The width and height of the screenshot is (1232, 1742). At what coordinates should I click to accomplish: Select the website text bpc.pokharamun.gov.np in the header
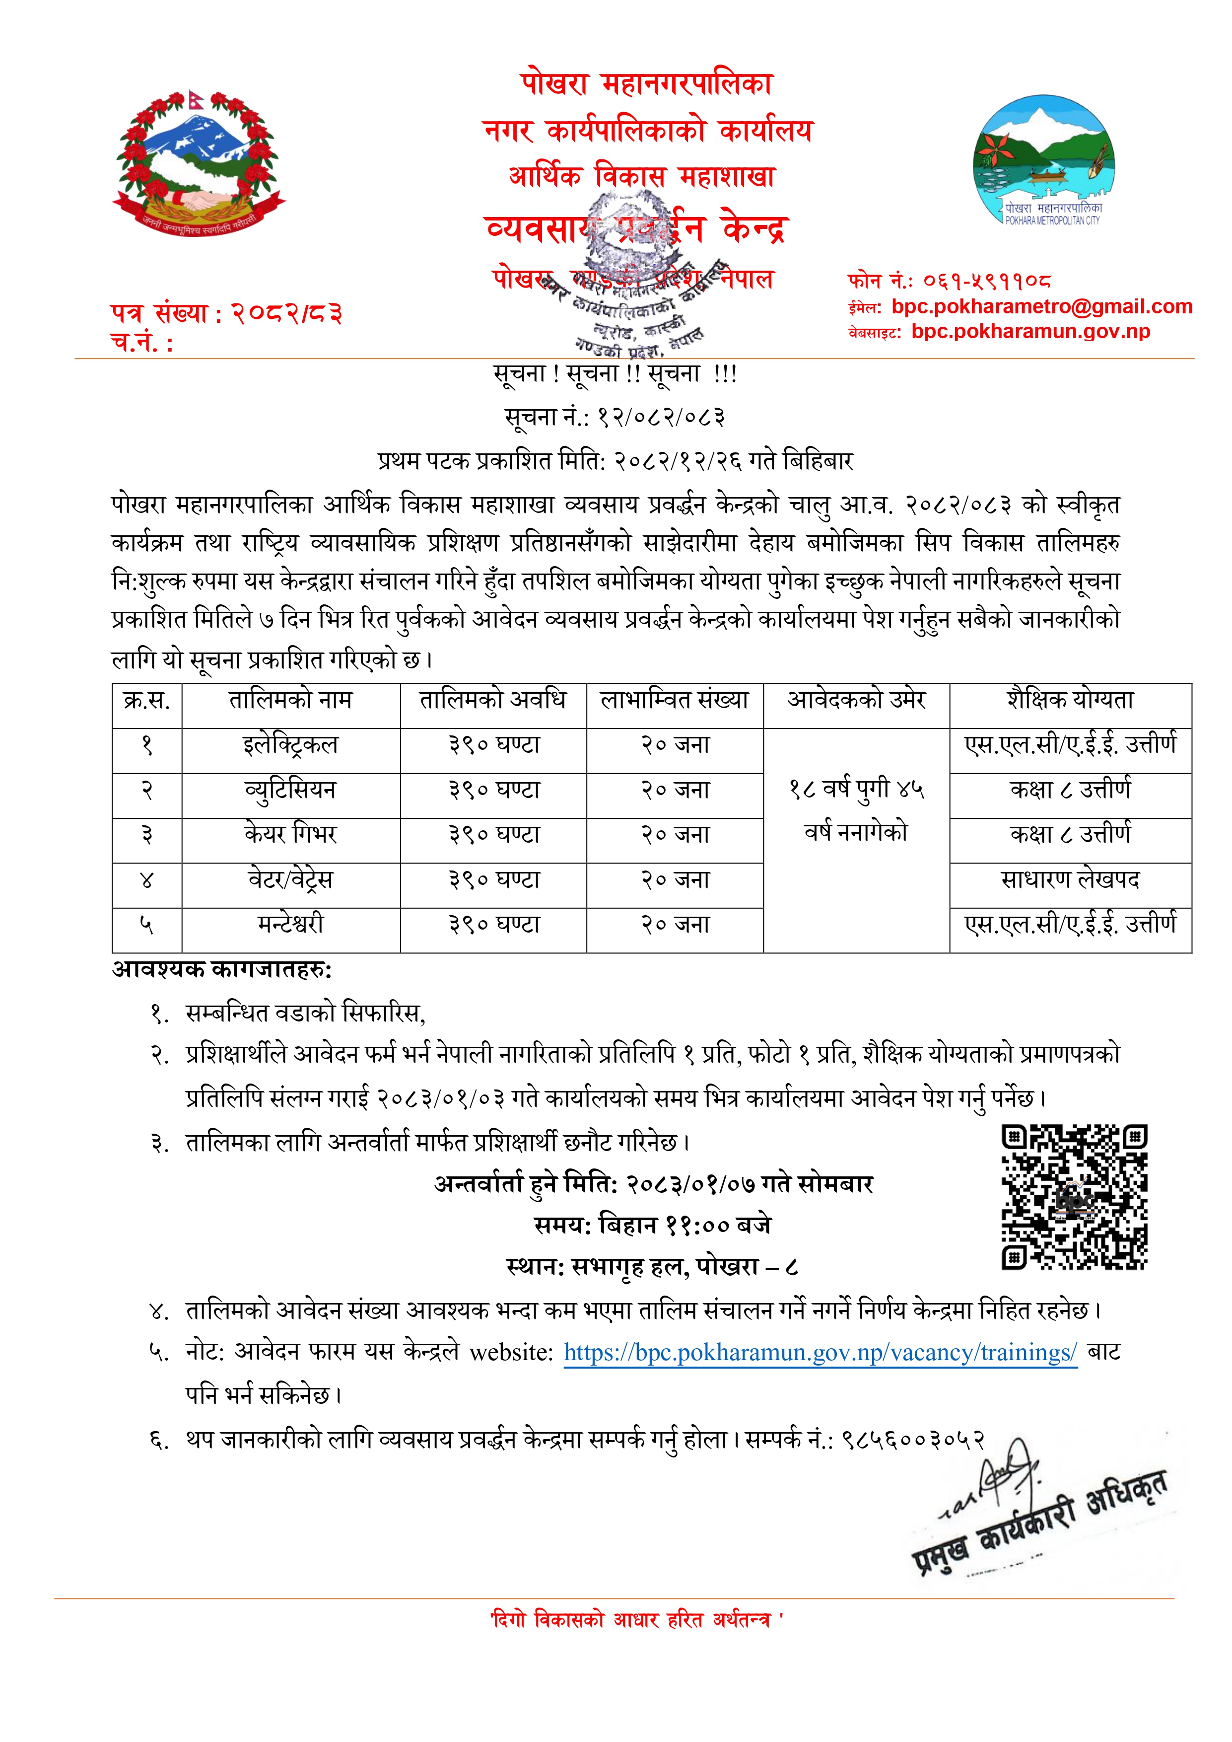[x=1030, y=332]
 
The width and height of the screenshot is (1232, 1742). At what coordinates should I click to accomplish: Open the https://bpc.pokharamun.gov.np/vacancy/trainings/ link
[x=820, y=1353]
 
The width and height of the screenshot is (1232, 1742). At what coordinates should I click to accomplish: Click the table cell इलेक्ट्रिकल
[x=290, y=745]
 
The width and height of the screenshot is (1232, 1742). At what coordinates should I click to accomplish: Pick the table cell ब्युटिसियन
[x=290, y=790]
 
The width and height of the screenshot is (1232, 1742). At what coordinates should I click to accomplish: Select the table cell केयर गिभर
[x=290, y=835]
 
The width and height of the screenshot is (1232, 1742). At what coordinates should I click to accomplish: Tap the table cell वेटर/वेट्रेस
[x=290, y=879]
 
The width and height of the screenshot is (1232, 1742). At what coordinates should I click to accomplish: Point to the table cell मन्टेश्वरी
[x=290, y=924]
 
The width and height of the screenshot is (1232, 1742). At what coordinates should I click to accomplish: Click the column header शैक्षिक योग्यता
[x=1070, y=700]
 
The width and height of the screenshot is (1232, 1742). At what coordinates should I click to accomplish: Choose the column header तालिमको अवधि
[x=493, y=700]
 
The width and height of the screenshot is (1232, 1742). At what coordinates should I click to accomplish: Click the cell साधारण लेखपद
[x=1070, y=879]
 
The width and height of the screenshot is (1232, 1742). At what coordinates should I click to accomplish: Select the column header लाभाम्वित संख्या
[x=675, y=700]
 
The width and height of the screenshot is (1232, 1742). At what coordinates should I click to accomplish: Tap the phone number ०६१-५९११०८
[x=986, y=282]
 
